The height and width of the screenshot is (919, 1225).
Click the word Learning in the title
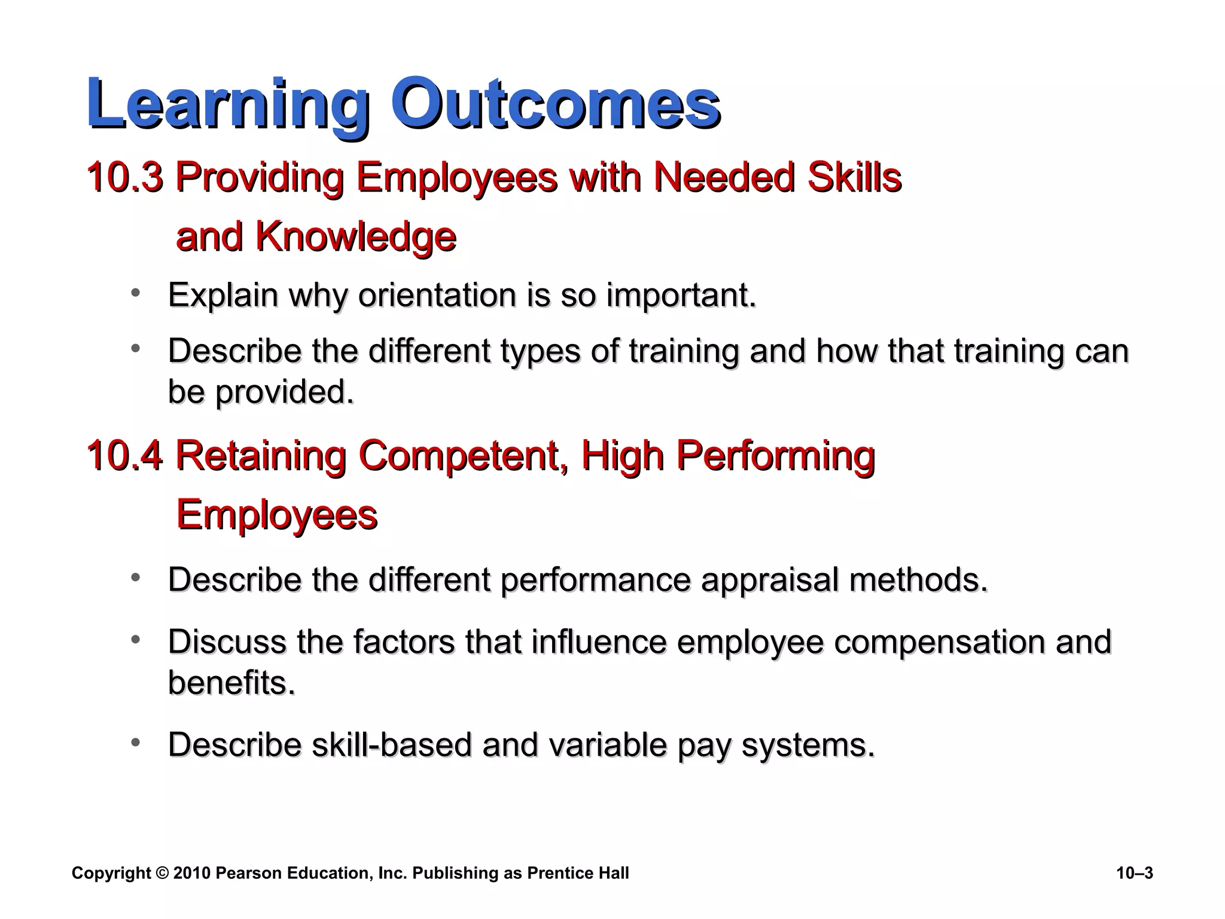click(x=227, y=103)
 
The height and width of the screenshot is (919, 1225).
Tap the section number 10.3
click(x=124, y=177)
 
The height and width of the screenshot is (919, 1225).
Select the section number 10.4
click(x=124, y=456)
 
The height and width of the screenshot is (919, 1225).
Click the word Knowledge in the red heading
click(x=355, y=237)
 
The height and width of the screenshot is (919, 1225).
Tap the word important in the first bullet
click(x=680, y=295)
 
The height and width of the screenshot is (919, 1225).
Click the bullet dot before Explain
click(x=136, y=293)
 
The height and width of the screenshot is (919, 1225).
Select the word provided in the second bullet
click(x=284, y=392)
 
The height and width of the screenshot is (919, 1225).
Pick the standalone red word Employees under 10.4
click(x=276, y=515)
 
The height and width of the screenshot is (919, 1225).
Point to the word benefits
click(x=231, y=683)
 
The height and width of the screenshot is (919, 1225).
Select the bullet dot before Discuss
click(x=136, y=640)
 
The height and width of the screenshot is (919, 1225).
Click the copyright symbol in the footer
click(x=162, y=874)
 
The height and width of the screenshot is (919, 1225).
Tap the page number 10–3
click(x=1134, y=874)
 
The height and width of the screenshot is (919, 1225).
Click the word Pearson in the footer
click(x=248, y=874)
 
